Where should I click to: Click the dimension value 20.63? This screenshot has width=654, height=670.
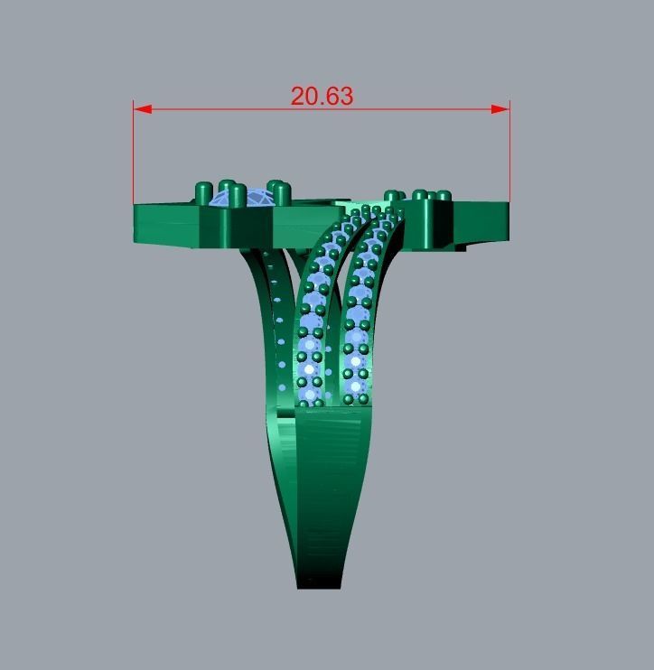point(322,96)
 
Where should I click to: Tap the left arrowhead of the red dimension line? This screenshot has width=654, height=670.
point(142,109)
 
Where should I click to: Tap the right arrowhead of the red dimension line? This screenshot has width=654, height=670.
point(500,109)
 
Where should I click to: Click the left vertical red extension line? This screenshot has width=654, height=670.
point(134,154)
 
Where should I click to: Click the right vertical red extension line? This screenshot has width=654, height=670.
point(509,154)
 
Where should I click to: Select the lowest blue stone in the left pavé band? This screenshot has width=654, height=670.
point(312,395)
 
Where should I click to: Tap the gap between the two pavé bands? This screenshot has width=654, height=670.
point(335,343)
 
